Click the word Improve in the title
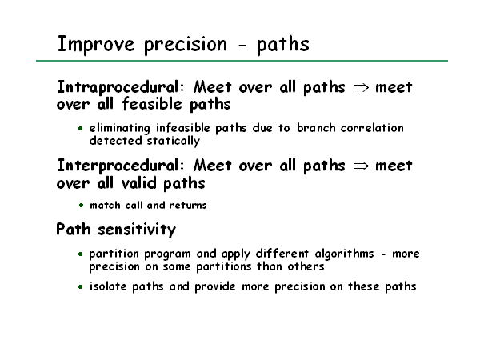tap(96, 45)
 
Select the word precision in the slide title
tap(186, 45)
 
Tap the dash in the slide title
tap(242, 46)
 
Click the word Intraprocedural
tap(121, 87)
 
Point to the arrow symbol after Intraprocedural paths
tap(361, 88)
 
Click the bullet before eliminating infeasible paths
tap(81, 129)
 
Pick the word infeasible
tap(183, 128)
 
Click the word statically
tap(174, 141)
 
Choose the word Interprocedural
tap(121, 166)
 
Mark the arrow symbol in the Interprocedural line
tap(361, 166)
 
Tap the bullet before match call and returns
tap(81, 206)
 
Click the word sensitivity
tap(137, 230)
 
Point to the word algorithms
tap(344, 254)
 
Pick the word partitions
tap(223, 266)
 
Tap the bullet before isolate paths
tap(81, 287)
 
